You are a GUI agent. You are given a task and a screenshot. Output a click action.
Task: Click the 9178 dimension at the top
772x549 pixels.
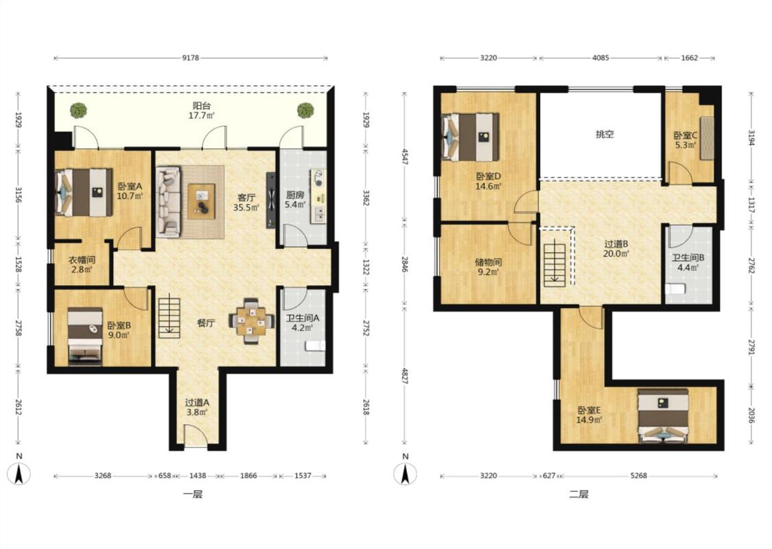(191, 58)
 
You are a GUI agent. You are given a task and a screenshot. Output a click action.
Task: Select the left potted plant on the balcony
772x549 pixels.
(78, 110)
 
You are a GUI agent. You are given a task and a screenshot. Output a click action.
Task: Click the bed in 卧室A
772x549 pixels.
(84, 193)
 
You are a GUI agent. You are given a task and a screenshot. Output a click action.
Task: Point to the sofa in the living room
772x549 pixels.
(168, 202)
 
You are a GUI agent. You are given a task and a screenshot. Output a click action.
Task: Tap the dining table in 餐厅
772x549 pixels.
(251, 321)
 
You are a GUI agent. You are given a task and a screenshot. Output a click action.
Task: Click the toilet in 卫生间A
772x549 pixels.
(314, 346)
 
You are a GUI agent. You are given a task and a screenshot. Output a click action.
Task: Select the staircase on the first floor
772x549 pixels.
(169, 316)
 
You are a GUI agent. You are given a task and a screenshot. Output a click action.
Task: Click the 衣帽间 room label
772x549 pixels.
(81, 260)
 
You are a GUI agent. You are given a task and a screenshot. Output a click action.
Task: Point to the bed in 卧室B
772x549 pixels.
(85, 337)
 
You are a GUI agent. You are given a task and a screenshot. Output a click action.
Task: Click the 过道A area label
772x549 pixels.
(197, 402)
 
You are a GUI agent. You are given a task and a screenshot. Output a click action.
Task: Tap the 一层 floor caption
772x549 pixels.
(193, 494)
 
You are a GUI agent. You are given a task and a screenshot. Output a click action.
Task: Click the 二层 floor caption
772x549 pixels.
(578, 494)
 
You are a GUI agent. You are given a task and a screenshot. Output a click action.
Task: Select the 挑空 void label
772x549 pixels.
(605, 134)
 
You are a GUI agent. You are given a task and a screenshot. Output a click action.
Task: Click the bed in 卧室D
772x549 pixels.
(471, 137)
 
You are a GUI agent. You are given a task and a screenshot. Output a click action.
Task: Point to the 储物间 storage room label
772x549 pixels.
(488, 262)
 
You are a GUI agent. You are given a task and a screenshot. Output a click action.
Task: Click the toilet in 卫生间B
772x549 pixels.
(675, 288)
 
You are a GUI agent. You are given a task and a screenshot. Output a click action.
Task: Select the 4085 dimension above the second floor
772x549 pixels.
(600, 58)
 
